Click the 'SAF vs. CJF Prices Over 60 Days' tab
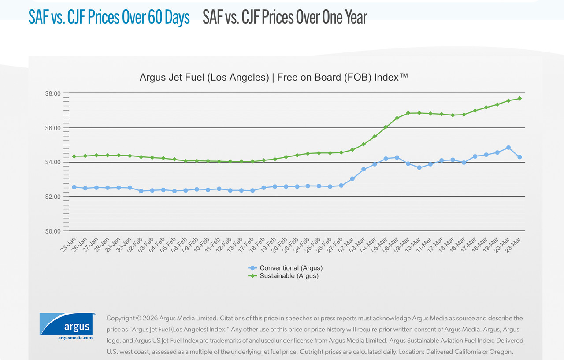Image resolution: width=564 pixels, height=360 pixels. point(109,18)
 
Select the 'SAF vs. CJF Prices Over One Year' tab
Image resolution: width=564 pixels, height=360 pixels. point(285,18)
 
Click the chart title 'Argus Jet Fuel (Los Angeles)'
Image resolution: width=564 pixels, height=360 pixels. point(204,78)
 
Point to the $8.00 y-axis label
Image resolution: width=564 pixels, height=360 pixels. point(52,93)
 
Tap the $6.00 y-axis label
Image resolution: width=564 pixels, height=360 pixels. point(52,128)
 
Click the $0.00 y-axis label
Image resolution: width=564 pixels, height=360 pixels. point(52,231)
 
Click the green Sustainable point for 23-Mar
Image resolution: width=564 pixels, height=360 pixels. point(519,98)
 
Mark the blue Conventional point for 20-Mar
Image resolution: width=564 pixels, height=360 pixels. point(508,148)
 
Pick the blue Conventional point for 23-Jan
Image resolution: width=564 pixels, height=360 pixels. point(74,187)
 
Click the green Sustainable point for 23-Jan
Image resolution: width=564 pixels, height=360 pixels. point(74,156)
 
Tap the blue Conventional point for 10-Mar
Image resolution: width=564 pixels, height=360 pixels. point(419,168)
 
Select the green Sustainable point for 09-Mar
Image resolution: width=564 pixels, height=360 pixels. point(408,113)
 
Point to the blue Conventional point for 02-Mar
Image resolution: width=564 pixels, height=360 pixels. point(352,179)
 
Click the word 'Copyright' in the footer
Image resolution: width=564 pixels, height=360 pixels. point(120,318)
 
